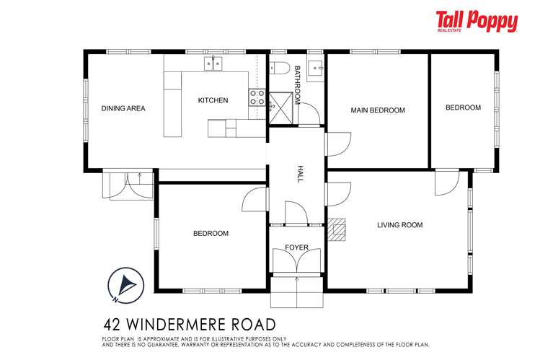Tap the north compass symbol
coord(123,283)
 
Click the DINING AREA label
coord(123,109)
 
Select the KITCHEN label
coord(213,100)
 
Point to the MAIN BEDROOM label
coord(377,110)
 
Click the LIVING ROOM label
coord(399,225)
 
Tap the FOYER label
coord(296,247)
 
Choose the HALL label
coord(301,174)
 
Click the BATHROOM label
coord(296,85)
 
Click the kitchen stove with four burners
coord(257,97)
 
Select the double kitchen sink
coord(214,64)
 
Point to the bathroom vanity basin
coord(316,68)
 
